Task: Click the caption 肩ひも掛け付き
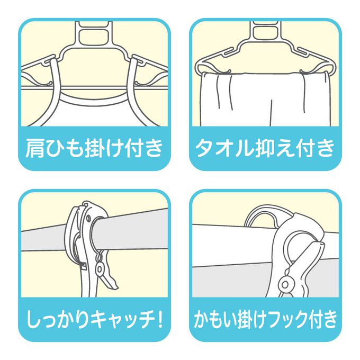click(94, 148)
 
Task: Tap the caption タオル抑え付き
click(265, 148)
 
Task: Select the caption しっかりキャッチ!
click(95, 319)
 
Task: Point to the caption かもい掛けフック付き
click(265, 319)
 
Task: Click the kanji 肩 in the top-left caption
click(34, 148)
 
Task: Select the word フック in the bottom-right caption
click(292, 319)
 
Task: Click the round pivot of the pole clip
click(100, 268)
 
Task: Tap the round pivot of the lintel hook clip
click(285, 285)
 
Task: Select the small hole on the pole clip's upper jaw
click(88, 218)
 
